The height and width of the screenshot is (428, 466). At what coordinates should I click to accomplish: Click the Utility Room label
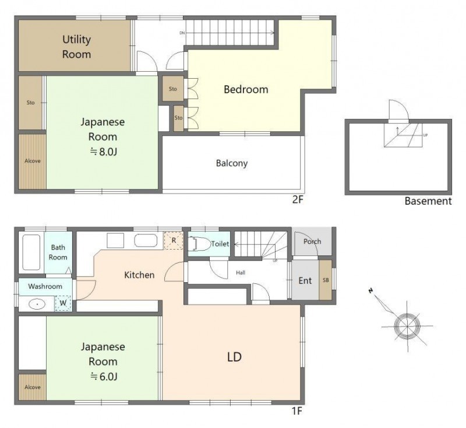coord(76,47)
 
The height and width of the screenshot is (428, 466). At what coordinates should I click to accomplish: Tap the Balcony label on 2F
coord(232,163)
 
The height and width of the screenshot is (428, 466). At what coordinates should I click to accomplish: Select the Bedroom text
coord(246,89)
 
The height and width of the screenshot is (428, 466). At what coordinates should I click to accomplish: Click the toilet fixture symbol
coord(199,244)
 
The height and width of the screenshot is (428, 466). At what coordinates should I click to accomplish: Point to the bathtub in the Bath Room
coord(31,252)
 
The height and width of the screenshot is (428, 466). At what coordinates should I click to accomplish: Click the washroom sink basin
coord(37,304)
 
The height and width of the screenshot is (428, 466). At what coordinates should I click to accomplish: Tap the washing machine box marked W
coord(63,303)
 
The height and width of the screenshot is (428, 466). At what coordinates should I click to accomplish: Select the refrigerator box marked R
coord(174,241)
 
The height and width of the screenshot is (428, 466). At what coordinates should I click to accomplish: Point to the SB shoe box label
coord(326,280)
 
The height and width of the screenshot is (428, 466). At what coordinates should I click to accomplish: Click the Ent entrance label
coord(305,280)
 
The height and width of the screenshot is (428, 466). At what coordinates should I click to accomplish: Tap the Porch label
coord(312,241)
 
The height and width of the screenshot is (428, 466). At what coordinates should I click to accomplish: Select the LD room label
coord(234,357)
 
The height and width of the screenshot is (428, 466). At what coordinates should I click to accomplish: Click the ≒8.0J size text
coord(104,152)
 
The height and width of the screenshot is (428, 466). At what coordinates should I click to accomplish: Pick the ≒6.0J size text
coord(104,377)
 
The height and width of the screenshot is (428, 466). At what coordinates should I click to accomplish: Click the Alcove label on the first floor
coord(33,387)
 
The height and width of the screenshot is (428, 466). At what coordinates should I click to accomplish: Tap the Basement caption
coord(428,201)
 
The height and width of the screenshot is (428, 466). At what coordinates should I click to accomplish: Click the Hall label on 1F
coord(241,272)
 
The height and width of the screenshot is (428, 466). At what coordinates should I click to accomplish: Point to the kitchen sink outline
coord(146,241)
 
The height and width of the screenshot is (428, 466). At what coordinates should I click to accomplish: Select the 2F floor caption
coord(298,199)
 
